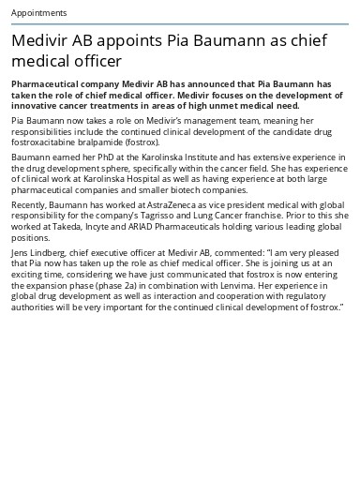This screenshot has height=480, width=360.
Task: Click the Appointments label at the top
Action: (38, 13)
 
